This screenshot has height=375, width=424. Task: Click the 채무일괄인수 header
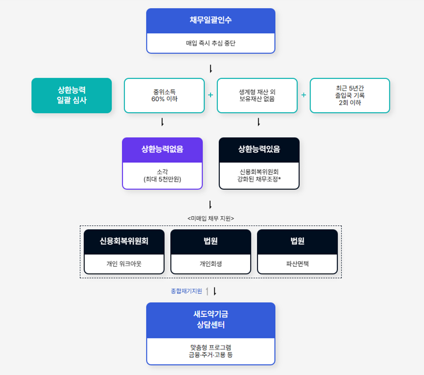(211, 20)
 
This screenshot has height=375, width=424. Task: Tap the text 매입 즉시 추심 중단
(211, 44)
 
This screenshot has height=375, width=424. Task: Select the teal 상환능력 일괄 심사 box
(72, 96)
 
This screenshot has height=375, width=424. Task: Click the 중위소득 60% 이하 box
(164, 96)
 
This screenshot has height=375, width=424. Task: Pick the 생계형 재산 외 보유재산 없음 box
(257, 96)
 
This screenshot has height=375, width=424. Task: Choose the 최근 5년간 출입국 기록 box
(350, 96)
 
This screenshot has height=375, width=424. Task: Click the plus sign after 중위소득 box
(211, 95)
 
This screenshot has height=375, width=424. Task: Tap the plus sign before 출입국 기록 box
(304, 95)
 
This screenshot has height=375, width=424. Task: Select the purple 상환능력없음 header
(162, 150)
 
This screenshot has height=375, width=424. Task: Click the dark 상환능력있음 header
(259, 150)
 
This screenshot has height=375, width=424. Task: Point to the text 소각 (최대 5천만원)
(162, 176)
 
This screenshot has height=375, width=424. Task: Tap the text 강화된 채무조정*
(259, 179)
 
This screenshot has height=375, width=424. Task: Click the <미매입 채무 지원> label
(211, 218)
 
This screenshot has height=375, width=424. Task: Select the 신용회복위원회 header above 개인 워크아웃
(124, 241)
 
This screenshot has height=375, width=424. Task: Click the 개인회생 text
(211, 264)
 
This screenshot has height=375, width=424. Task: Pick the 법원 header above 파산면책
(297, 241)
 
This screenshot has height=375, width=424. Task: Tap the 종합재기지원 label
(186, 291)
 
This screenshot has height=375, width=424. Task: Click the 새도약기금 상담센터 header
(211, 320)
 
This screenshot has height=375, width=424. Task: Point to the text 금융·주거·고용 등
(211, 355)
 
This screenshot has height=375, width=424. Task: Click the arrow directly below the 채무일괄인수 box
(211, 69)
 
